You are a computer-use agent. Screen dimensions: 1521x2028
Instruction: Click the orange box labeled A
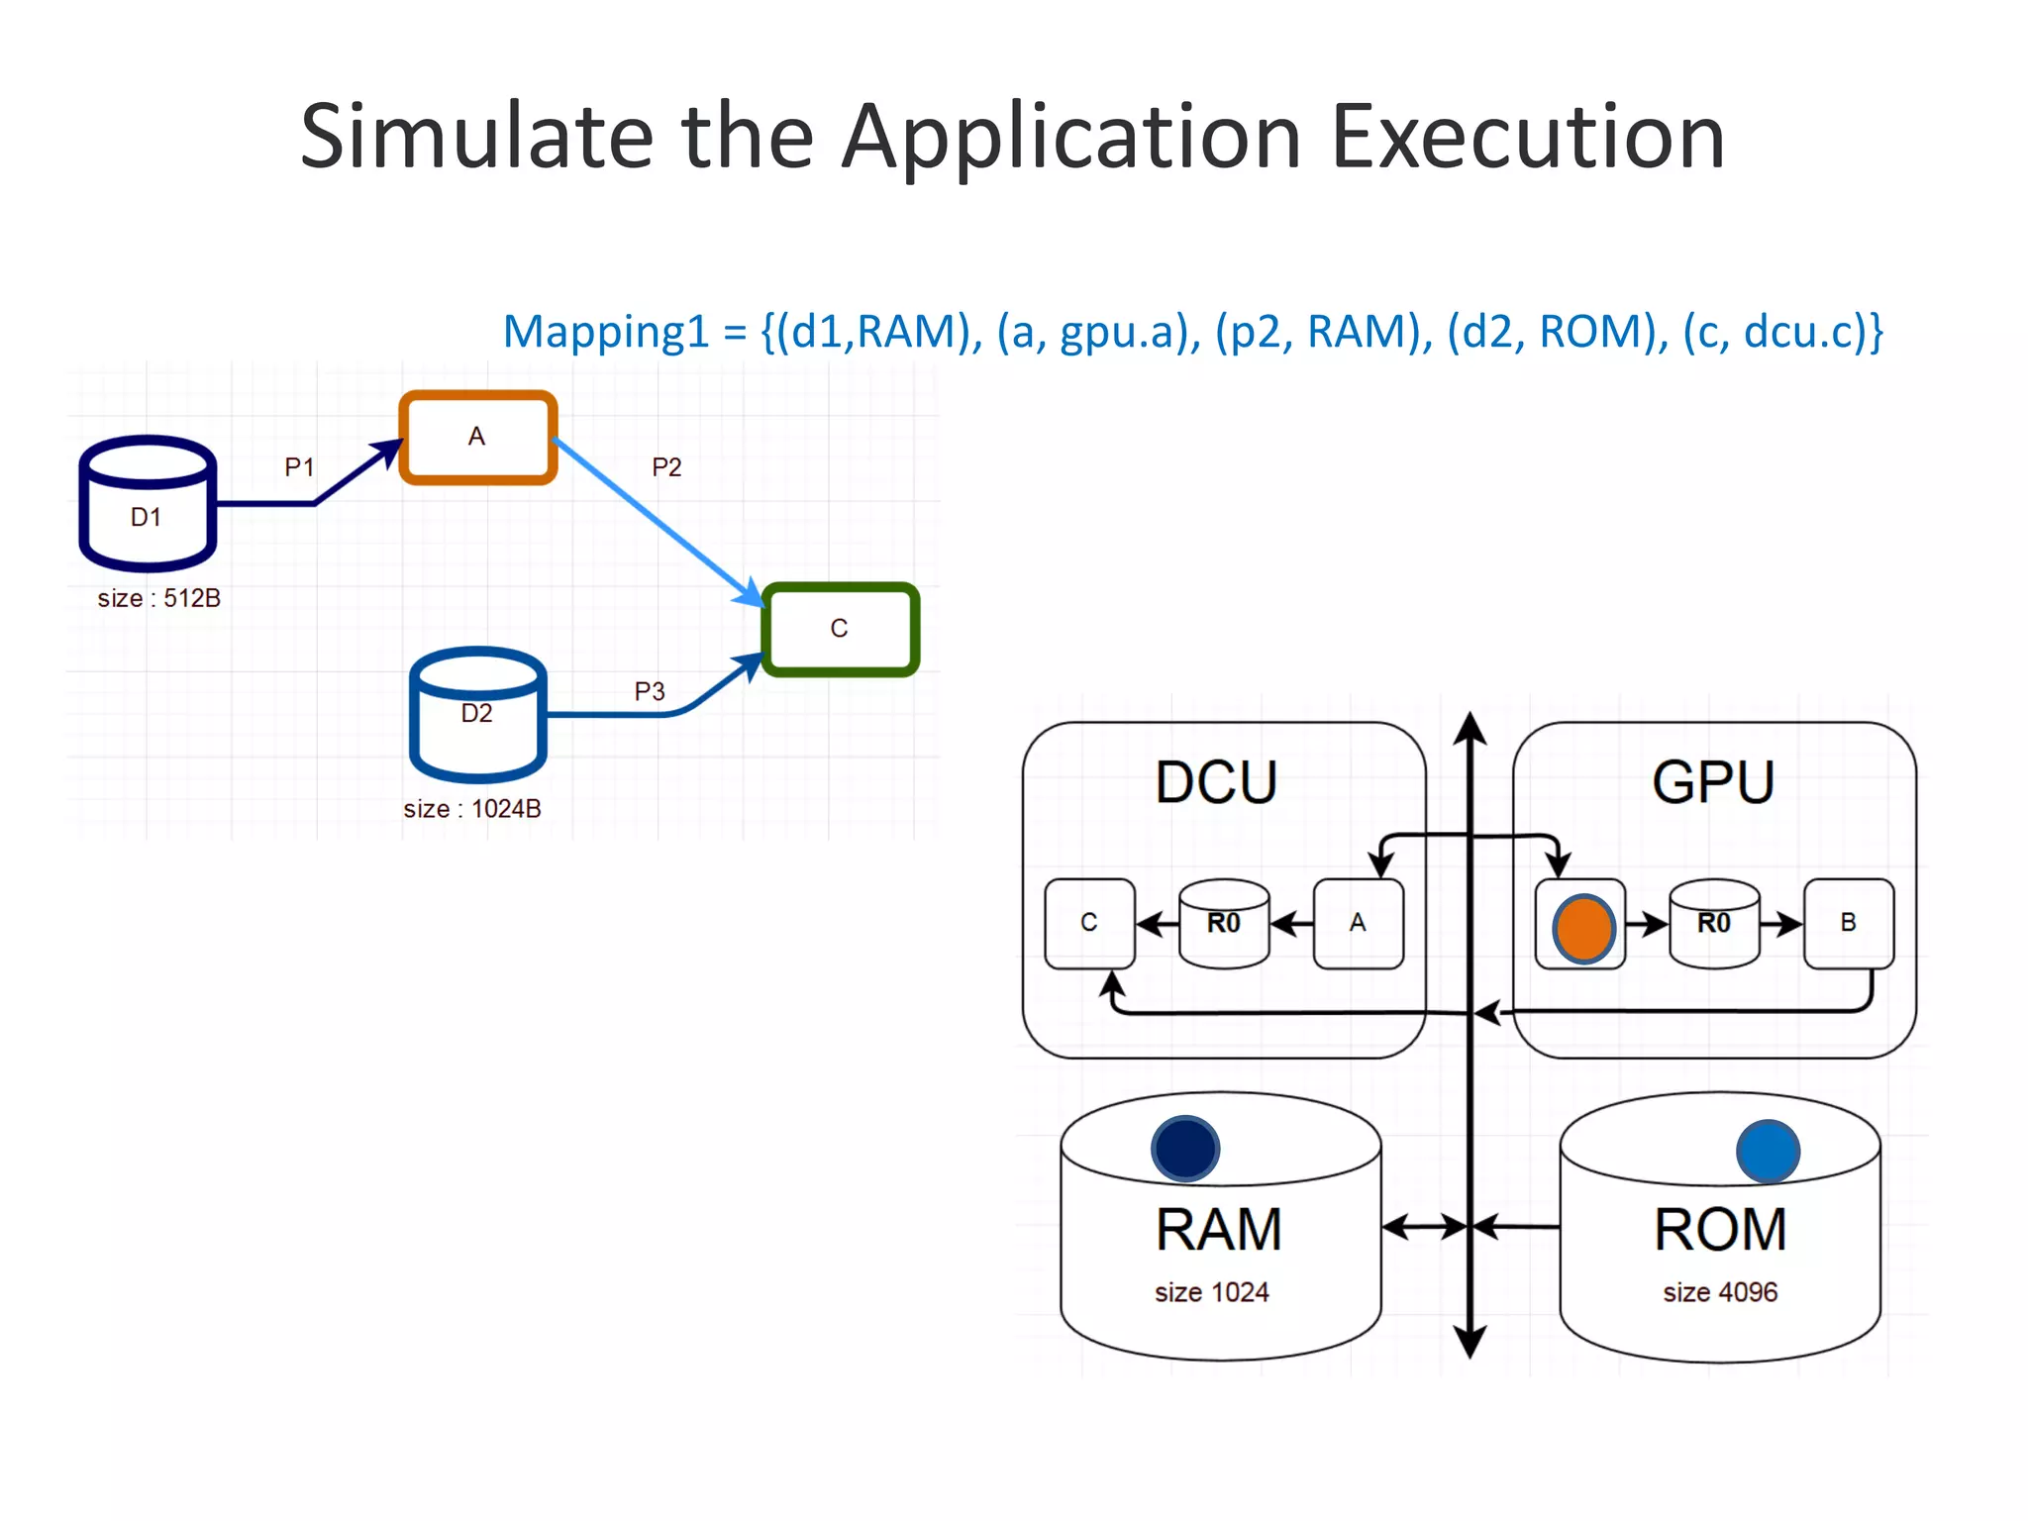[x=477, y=437]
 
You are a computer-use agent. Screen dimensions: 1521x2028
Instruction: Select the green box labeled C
[x=840, y=629]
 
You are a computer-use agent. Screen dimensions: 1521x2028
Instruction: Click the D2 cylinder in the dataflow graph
[x=477, y=715]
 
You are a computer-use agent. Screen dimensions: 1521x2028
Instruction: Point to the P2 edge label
[x=666, y=467]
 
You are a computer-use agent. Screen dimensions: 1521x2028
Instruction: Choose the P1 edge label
[x=299, y=467]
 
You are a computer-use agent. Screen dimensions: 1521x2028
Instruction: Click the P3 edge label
[x=650, y=691]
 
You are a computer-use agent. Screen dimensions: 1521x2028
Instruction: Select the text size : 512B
[x=158, y=598]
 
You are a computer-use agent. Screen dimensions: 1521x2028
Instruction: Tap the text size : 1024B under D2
[x=471, y=809]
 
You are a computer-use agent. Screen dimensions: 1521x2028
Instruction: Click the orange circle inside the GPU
[x=1583, y=929]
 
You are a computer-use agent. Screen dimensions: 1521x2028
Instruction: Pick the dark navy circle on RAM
[x=1185, y=1149]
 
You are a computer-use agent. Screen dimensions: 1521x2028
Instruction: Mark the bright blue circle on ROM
[x=1768, y=1152]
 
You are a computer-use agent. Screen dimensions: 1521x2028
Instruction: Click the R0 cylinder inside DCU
[x=1224, y=923]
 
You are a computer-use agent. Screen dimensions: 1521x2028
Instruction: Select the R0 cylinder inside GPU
[x=1714, y=923]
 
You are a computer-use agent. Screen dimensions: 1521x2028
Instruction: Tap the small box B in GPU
[x=1848, y=923]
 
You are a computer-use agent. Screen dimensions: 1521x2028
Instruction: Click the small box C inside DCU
[x=1089, y=923]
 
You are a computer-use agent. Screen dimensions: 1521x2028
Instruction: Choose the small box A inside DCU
[x=1358, y=923]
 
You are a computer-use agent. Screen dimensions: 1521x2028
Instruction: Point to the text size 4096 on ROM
[x=1720, y=1292]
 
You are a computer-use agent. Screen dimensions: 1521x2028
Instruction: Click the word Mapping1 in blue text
[x=606, y=332]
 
